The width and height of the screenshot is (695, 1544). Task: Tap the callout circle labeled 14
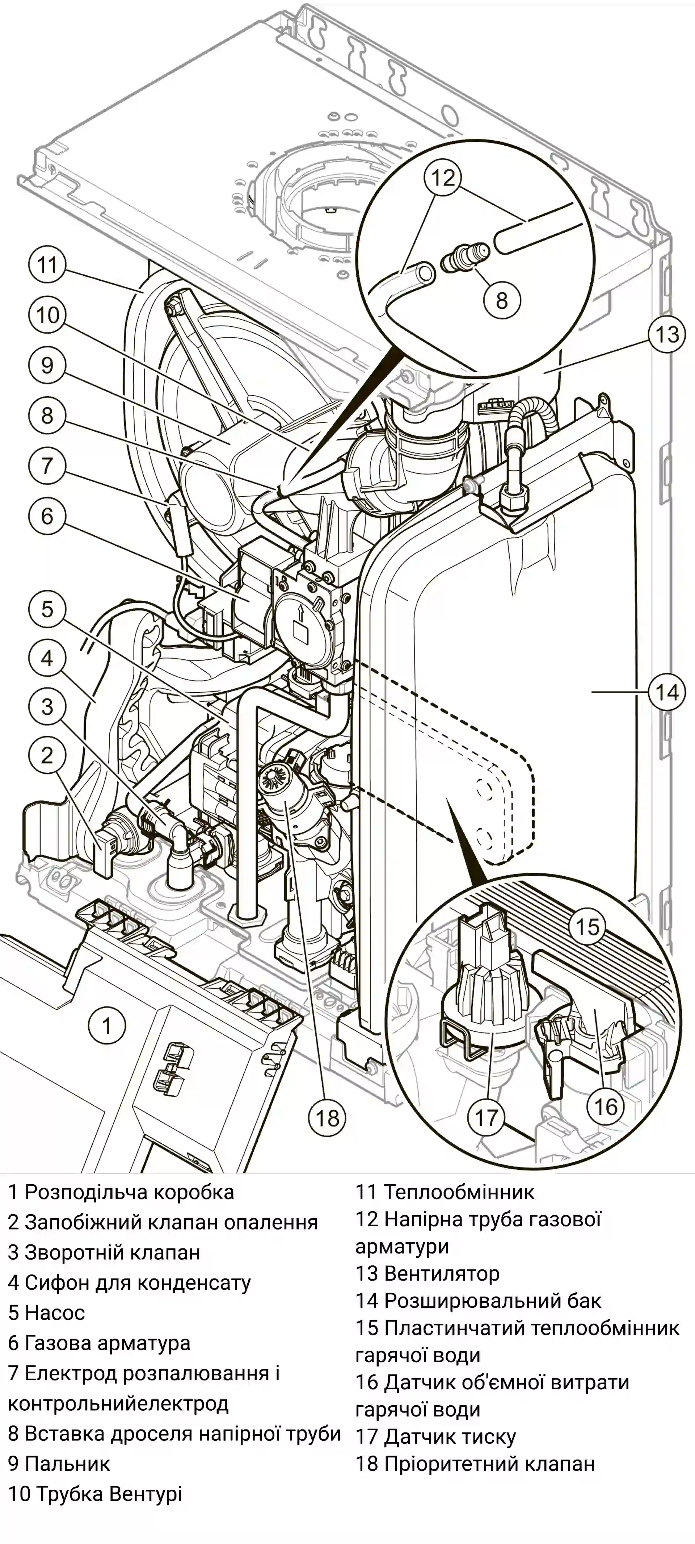[667, 692]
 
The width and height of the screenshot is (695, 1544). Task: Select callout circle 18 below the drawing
[328, 1117]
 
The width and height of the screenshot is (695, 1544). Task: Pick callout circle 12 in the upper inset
[443, 178]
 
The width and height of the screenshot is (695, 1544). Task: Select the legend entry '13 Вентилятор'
[427, 1273]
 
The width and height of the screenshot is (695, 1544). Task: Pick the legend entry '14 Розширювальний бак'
[478, 1301]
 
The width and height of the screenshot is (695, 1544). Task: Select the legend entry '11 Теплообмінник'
[445, 1192]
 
